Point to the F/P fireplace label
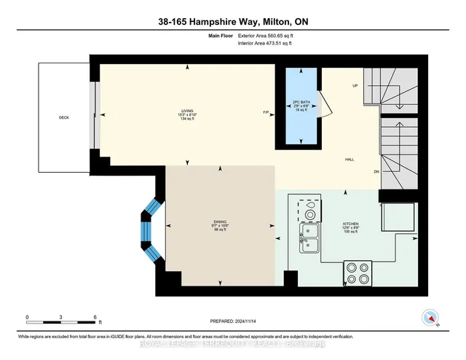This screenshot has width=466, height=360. [x=266, y=112]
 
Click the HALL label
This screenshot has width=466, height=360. [x=349, y=159]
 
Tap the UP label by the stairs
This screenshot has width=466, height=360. [x=355, y=86]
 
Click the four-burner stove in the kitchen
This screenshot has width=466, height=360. [x=359, y=273]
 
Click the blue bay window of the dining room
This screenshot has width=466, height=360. [x=151, y=230]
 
